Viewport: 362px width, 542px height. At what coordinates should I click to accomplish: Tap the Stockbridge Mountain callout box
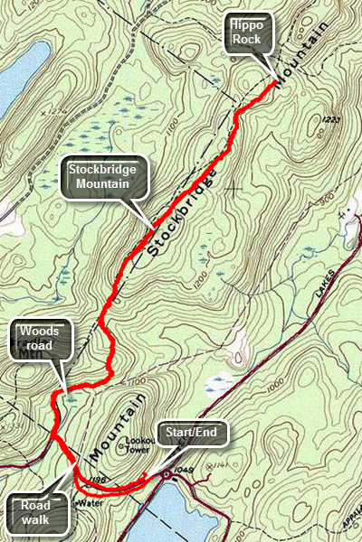102,177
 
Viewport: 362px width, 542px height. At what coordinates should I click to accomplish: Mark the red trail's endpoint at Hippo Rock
275,82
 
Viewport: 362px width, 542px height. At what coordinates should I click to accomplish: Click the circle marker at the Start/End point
165,473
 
